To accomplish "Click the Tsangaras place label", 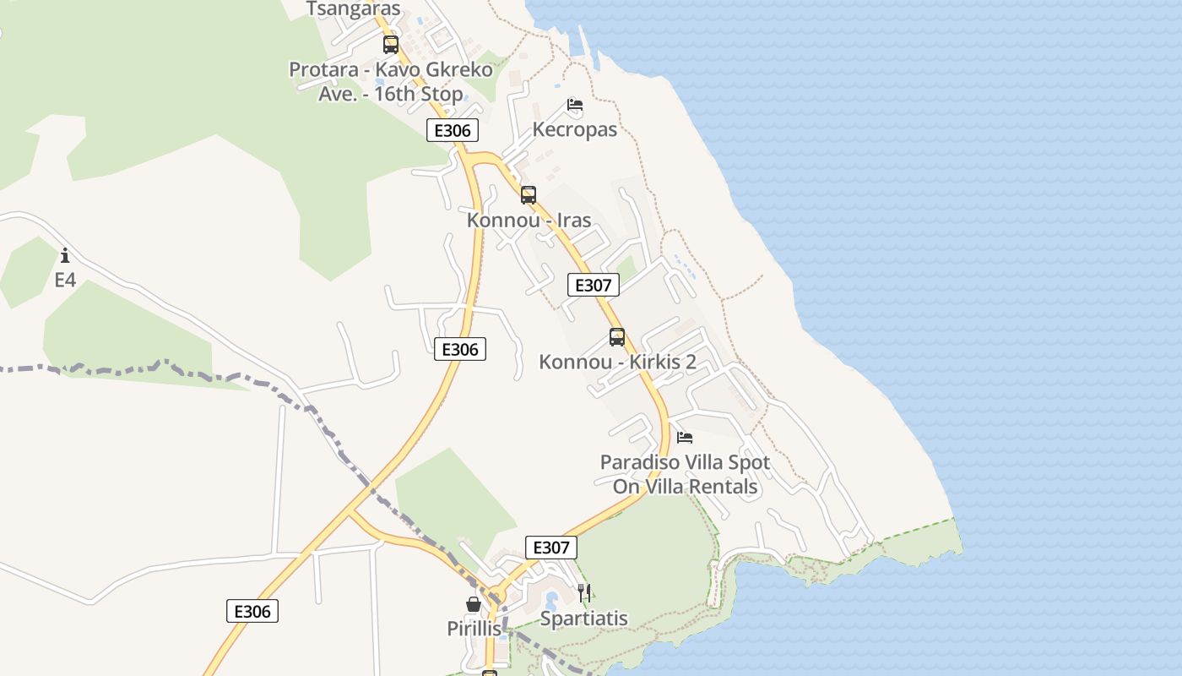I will (353, 8).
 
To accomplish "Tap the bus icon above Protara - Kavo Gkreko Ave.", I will (391, 45).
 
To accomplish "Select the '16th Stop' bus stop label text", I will (391, 93).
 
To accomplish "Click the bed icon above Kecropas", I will (575, 106).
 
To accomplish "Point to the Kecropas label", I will (575, 130).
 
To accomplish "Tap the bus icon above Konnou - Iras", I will (529, 195).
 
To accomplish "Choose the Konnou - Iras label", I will (529, 221).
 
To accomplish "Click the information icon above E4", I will (65, 255).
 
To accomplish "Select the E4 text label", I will (65, 280).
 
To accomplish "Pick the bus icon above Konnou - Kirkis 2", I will (617, 337).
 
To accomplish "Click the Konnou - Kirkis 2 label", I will (618, 363).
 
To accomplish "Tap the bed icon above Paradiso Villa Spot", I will (685, 438).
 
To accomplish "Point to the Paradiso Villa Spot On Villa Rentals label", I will (685, 475).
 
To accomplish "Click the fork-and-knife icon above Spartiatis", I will (584, 592).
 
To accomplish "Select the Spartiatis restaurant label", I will (584, 619).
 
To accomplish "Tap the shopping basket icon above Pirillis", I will (474, 604).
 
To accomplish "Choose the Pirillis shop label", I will (474, 629).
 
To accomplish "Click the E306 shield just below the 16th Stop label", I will (453, 130).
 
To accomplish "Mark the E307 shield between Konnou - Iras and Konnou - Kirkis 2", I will (593, 285).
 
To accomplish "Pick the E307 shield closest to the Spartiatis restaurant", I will (551, 548).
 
